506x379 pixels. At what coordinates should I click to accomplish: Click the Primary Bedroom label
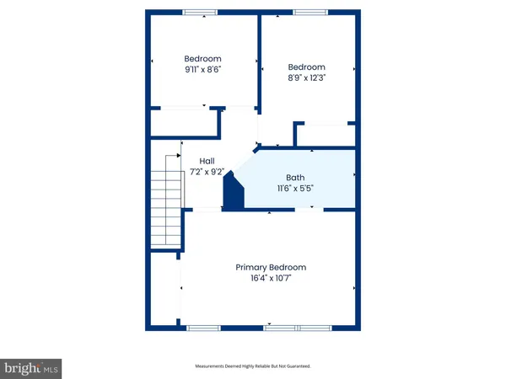click(x=270, y=267)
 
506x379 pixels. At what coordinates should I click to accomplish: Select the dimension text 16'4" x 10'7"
click(x=270, y=279)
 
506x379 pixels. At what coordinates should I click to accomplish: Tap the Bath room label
click(x=295, y=178)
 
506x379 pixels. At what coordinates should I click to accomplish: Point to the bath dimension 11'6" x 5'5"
click(x=295, y=189)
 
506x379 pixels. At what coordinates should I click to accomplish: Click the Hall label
click(x=207, y=160)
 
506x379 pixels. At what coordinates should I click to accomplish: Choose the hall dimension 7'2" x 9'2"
click(x=207, y=171)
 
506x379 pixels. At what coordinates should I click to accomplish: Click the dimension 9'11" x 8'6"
click(x=202, y=71)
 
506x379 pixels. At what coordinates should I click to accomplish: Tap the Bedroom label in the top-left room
click(x=202, y=59)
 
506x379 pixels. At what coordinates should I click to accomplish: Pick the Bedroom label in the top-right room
click(x=306, y=67)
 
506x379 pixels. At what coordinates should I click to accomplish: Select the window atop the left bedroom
click(x=199, y=12)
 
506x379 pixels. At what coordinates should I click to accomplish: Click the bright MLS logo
click(x=32, y=367)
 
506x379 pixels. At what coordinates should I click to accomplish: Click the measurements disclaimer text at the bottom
click(x=253, y=366)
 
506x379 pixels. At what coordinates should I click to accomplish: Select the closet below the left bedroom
click(x=183, y=122)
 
